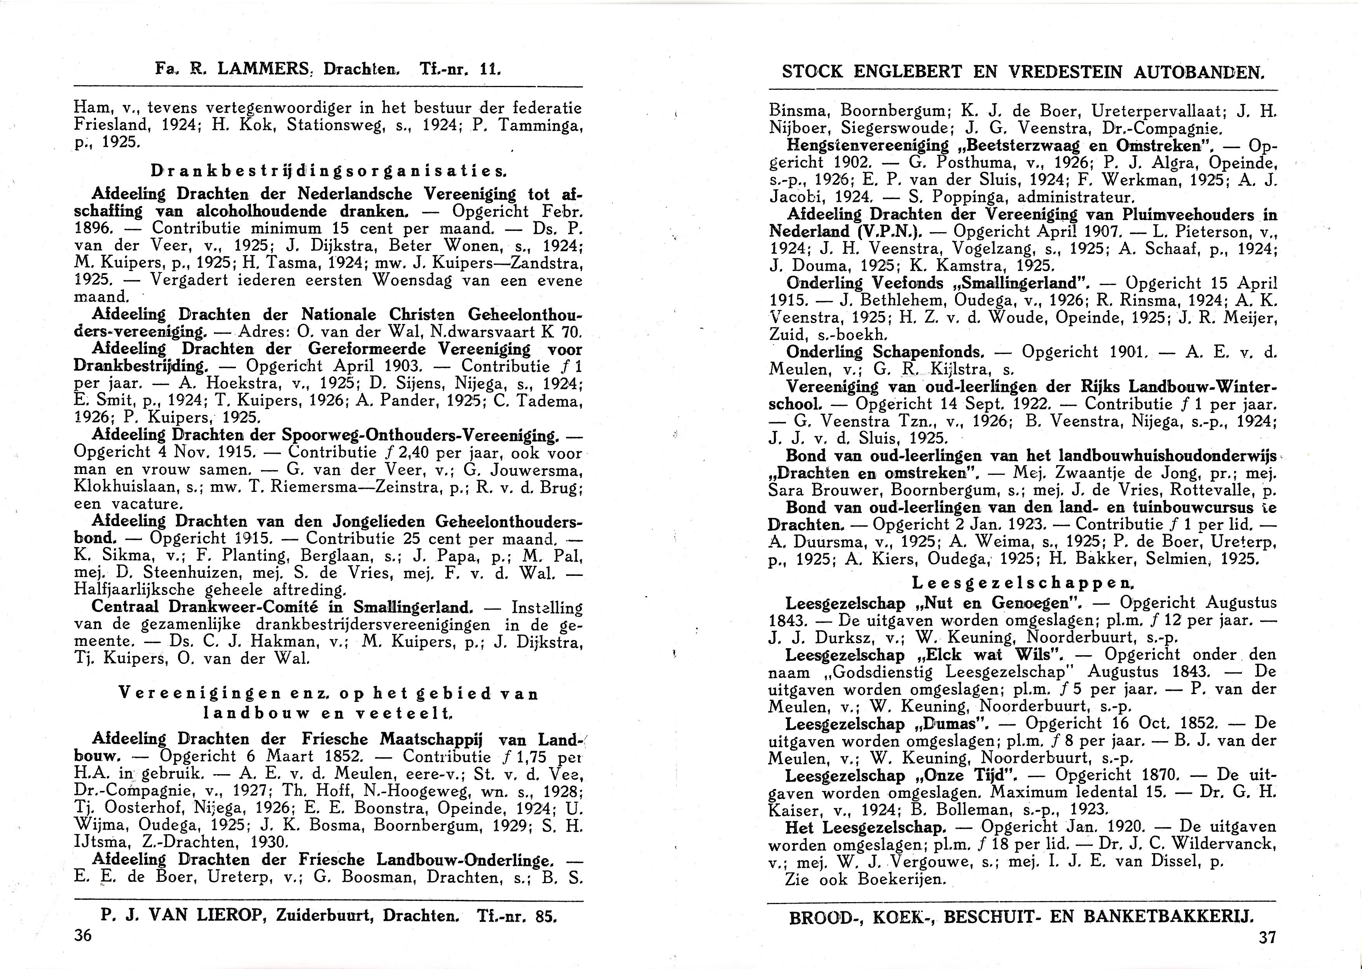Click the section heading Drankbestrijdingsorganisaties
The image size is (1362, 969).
click(328, 171)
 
